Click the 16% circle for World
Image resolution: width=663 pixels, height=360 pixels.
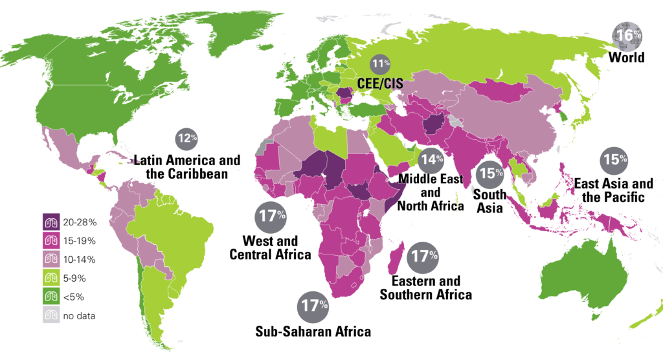tap(626, 36)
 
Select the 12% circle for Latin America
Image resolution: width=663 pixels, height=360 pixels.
tap(186, 138)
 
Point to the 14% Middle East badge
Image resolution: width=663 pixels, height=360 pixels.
tap(431, 159)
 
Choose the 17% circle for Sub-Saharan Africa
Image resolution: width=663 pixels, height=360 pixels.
tap(314, 306)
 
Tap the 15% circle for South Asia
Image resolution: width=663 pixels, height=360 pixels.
tap(490, 173)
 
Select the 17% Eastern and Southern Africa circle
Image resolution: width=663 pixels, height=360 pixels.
tap(423, 258)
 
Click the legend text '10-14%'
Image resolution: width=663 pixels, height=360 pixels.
tap(79, 260)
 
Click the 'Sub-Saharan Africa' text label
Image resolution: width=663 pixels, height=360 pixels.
tap(313, 332)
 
